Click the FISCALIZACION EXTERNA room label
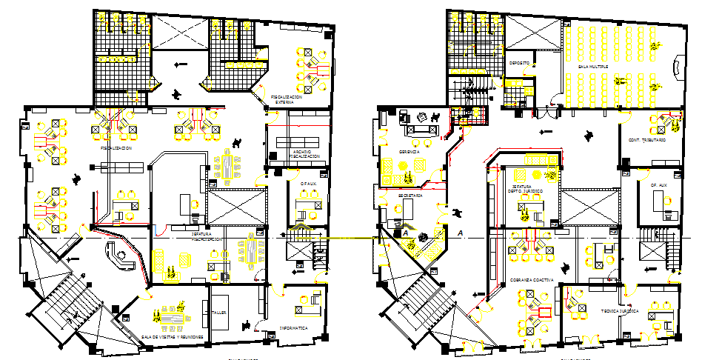coord(286,99)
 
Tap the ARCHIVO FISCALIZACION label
coord(304,155)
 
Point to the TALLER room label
coord(218,313)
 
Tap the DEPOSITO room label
coord(518,63)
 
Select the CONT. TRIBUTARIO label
coord(647,140)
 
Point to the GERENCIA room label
coord(409,151)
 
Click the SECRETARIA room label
coord(409,196)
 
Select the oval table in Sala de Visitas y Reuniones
coord(172,316)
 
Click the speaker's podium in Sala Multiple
coord(676,71)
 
